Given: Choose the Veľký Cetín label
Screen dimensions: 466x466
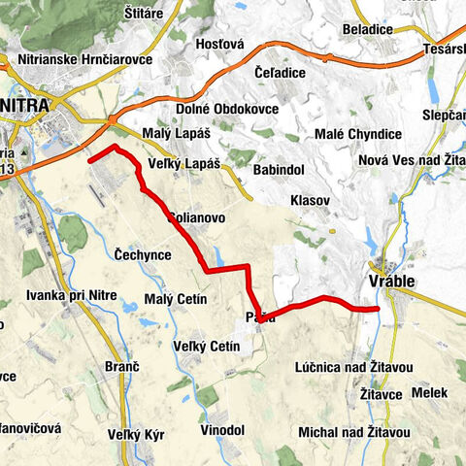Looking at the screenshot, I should pos(206,347).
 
